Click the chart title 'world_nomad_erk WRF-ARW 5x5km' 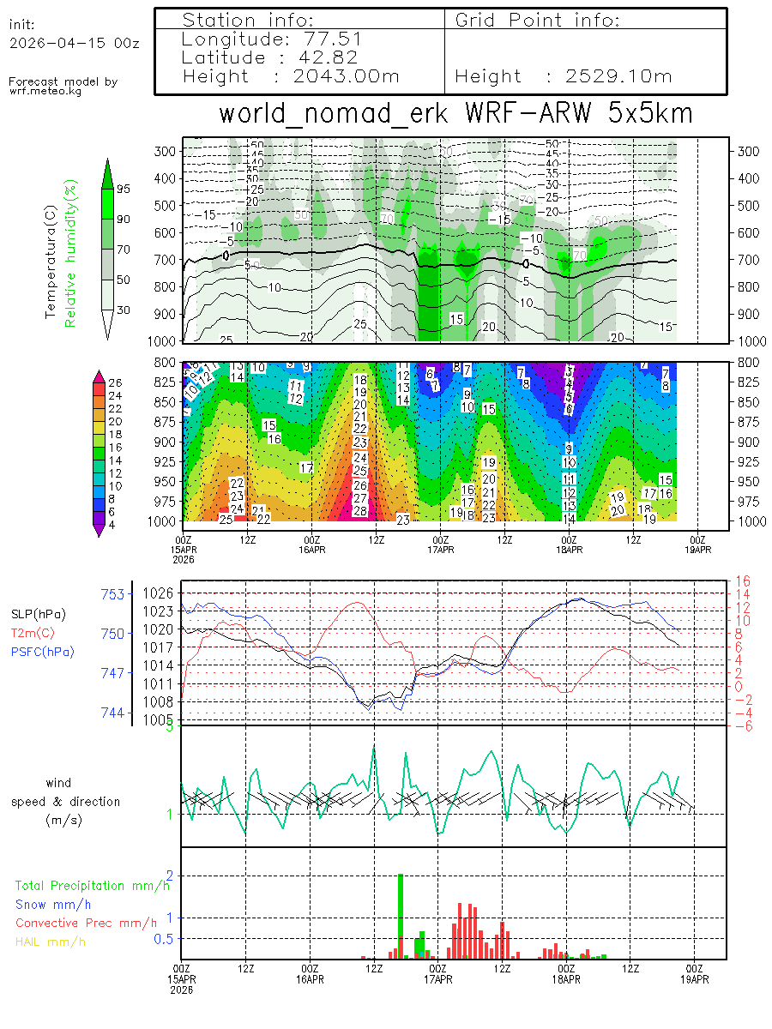[x=455, y=113]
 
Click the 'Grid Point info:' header [x=537, y=20]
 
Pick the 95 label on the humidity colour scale [x=124, y=189]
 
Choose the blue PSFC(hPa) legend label [x=42, y=652]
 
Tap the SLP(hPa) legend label [x=38, y=614]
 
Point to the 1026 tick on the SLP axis [x=162, y=593]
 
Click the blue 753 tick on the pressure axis [x=113, y=593]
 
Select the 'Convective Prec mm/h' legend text [x=86, y=923]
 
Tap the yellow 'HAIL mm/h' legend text [x=51, y=942]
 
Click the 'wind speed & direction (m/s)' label [x=65, y=801]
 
